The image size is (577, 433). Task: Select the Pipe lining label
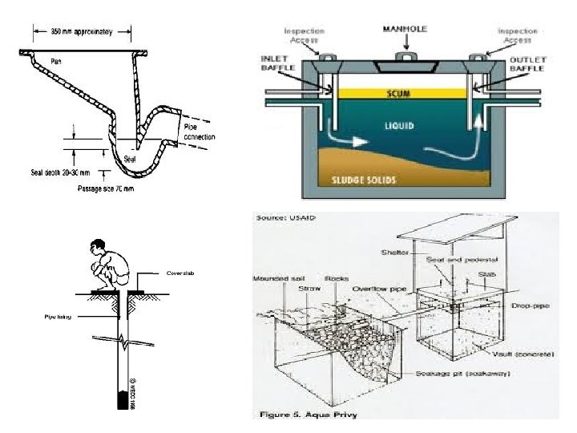[58, 317]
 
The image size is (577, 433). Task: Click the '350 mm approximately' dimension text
[83, 31]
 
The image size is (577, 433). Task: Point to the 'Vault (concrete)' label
[528, 354]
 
